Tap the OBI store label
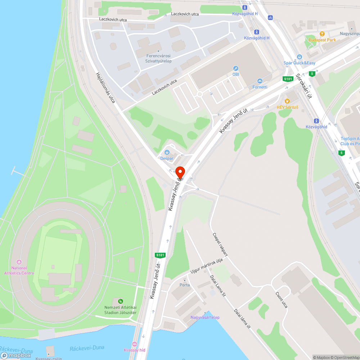236,74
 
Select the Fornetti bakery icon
260,81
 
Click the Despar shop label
167,158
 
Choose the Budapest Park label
322,40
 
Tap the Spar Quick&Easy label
299,63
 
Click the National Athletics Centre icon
19,262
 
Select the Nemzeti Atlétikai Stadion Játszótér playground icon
120,301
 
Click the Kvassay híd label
134,350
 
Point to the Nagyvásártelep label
205,318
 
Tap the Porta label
185,285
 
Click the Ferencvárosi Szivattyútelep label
158,59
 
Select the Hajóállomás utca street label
105,88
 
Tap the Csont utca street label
282,300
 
